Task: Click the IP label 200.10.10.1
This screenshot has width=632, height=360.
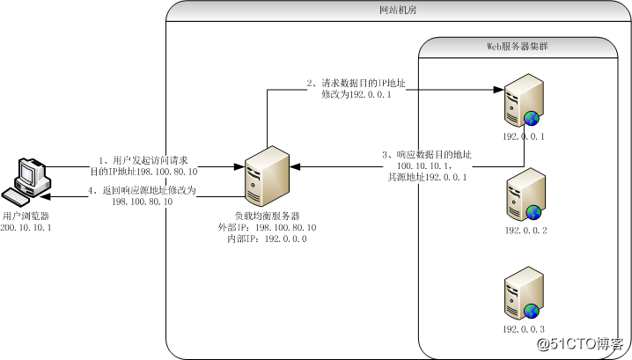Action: [26, 227]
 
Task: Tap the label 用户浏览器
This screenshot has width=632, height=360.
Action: [26, 216]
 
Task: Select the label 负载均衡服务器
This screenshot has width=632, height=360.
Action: [267, 216]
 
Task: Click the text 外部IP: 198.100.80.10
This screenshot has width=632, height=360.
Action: [267, 227]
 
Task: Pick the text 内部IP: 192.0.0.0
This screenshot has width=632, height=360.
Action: [267, 239]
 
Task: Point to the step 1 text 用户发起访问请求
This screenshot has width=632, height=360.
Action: [148, 160]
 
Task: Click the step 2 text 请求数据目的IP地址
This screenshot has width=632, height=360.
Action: [361, 84]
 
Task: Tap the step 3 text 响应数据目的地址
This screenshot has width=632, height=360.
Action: [427, 154]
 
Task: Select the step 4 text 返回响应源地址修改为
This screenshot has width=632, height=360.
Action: [143, 190]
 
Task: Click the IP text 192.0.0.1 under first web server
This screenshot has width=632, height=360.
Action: [525, 137]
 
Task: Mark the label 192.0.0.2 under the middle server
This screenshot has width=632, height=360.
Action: [525, 231]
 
